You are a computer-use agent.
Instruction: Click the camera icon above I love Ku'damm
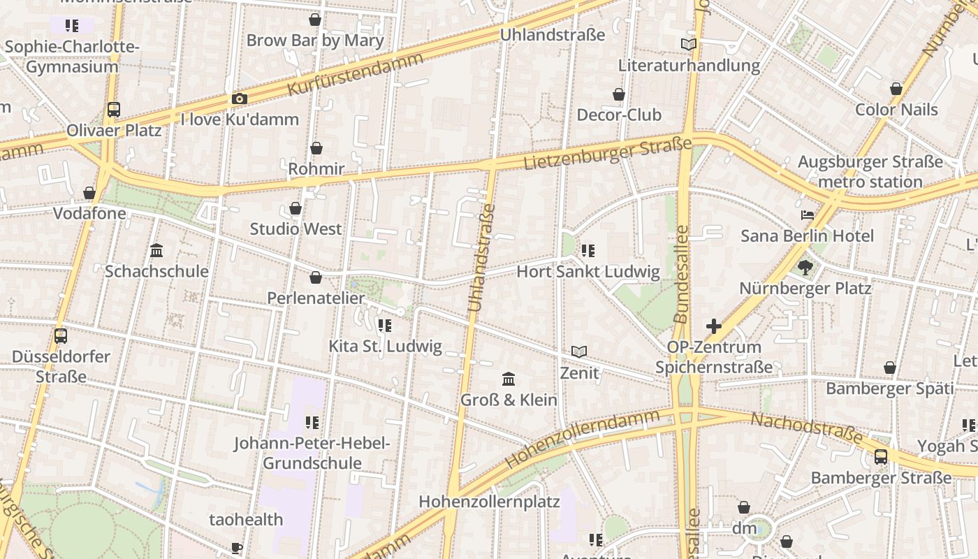[240, 99]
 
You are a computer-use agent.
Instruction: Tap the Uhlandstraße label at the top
[553, 35]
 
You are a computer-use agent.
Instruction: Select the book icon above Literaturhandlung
[689, 45]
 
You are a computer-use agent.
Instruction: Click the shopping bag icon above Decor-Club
[619, 94]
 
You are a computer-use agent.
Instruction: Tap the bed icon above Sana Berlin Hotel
[808, 215]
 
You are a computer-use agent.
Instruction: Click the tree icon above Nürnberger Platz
[805, 267]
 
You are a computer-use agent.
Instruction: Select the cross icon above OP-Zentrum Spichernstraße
[714, 326]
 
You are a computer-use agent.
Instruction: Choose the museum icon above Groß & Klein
[509, 379]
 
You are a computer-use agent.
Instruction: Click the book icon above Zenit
[579, 351]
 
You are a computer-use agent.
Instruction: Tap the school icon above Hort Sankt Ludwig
[588, 250]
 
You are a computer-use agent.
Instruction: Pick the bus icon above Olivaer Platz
[114, 110]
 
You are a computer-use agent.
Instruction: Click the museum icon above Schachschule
[156, 250]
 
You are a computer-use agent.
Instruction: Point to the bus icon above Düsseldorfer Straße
[61, 335]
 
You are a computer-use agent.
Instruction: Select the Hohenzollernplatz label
[489, 502]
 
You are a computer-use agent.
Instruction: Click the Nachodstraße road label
[806, 428]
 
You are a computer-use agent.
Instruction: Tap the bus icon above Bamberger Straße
[881, 457]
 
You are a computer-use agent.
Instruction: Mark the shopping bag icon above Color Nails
[896, 89]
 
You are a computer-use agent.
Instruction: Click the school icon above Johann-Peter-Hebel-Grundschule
[312, 422]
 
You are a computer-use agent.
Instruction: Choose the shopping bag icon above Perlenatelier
[316, 277]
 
